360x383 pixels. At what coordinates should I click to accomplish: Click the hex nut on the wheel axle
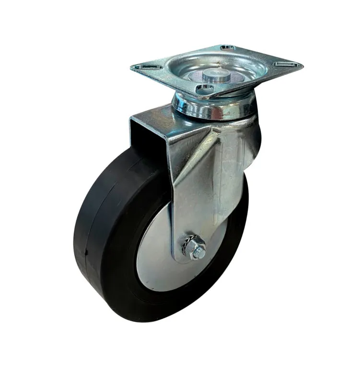(195, 250)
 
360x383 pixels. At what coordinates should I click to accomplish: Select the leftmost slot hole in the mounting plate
(149, 67)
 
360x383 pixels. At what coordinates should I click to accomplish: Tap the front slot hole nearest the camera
(205, 88)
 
